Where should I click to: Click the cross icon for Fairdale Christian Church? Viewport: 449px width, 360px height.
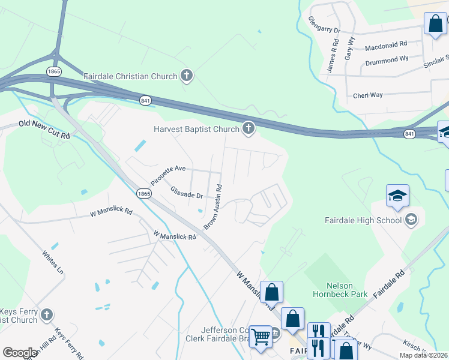(187, 76)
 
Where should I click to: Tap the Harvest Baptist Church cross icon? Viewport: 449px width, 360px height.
(248, 128)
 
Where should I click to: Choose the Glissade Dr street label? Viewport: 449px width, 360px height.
(187, 193)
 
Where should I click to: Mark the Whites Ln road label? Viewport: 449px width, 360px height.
(53, 262)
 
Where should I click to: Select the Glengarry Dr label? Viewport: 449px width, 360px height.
(325, 29)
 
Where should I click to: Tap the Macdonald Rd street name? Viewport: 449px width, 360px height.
(385, 44)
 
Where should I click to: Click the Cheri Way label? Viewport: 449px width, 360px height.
(368, 95)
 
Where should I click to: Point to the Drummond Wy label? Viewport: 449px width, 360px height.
(387, 60)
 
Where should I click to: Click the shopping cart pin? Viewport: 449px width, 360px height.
(261, 337)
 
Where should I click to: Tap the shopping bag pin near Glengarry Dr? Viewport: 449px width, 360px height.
(435, 24)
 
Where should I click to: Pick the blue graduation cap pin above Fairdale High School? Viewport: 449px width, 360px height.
(397, 196)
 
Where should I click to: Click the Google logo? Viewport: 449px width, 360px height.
(20, 353)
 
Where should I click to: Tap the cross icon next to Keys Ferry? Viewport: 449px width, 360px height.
(47, 314)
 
